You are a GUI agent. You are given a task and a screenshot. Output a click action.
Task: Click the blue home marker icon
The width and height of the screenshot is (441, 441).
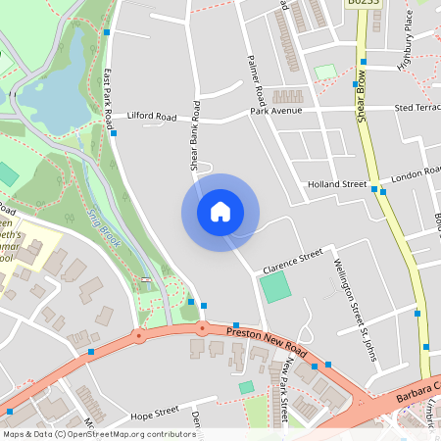pos(220,212)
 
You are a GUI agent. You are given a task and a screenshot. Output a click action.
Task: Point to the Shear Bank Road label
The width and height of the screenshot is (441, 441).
pos(195,137)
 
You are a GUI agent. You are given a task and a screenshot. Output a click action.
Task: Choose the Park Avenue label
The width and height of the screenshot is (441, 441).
pos(275,111)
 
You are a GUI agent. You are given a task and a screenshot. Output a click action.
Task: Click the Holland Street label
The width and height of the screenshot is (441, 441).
pos(336,184)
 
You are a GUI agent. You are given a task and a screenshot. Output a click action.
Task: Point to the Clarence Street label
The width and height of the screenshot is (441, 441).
pos(291,262)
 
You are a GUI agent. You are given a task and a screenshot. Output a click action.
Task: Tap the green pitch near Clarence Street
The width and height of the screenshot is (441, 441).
pos(276,287)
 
